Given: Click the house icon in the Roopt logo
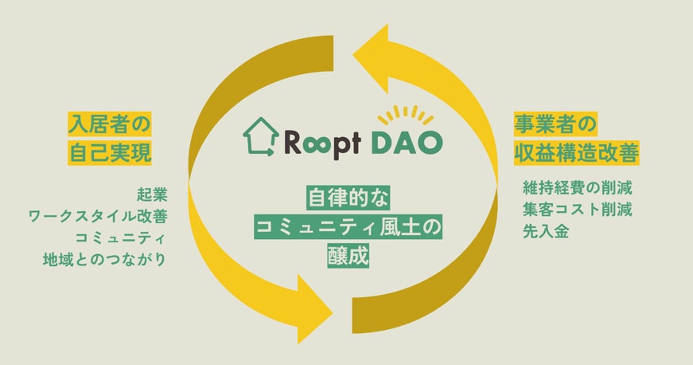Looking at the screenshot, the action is [260, 136].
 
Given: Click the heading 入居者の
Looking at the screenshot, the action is [109, 124].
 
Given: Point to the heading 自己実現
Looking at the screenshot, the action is [109, 152].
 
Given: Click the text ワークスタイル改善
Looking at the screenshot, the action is [97, 215].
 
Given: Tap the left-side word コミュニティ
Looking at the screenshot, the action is [120, 237].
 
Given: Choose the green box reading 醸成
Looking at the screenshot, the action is [346, 257].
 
